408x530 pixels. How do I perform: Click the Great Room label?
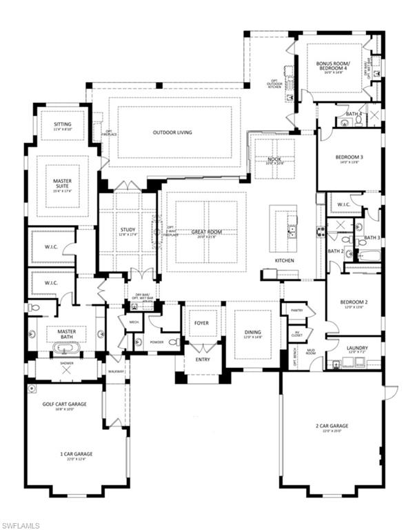(210, 232)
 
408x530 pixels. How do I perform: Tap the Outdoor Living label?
(172, 132)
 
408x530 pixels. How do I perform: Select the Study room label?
(127, 230)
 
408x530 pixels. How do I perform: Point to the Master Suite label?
(62, 184)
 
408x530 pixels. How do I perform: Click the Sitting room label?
(62, 126)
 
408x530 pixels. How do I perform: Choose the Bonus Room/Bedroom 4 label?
(338, 67)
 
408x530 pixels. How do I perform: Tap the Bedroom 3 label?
(349, 157)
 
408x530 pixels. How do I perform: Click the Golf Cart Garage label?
(64, 404)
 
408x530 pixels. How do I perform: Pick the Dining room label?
(252, 333)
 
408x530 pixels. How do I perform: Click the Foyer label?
(201, 322)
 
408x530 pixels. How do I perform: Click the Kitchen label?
(285, 260)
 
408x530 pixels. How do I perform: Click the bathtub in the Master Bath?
(66, 344)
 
